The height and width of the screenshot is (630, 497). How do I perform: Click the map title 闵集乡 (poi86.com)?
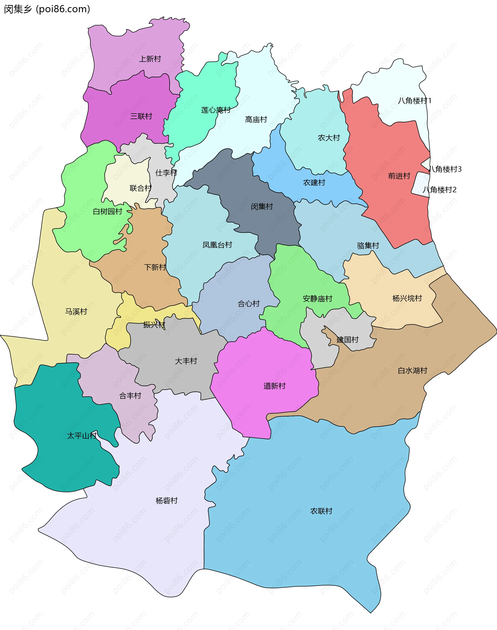coord(47,9)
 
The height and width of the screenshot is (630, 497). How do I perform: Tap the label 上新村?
coord(150,59)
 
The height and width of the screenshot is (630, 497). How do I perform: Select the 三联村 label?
coord(141,116)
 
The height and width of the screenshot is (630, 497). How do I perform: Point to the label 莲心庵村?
coord(216,110)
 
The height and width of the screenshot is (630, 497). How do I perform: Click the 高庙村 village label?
coord(256,120)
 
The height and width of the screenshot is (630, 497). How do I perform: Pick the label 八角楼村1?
coord(414,101)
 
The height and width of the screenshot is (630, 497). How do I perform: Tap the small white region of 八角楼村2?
coord(420,184)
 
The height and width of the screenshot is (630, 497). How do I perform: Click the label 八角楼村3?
coord(445,169)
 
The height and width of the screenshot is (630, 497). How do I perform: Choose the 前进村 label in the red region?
coord(399,176)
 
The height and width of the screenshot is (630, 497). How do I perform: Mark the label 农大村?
coord(329,138)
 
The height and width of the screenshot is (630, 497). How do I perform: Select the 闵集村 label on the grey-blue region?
coord(262,206)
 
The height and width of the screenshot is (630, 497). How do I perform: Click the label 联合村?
coord(141,188)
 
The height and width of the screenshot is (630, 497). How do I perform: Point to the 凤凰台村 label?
coord(217,245)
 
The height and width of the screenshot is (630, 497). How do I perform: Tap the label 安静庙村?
coord(317,299)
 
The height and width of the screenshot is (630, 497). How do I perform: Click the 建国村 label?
coord(347,340)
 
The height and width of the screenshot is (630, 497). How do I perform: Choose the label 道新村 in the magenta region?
coord(274,386)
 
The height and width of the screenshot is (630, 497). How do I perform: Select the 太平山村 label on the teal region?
coord(82,436)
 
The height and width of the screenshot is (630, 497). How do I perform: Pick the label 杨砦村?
coord(166,501)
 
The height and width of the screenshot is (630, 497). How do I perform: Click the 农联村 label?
coord(321,511)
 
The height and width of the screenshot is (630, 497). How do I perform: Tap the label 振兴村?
coord(154,325)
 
